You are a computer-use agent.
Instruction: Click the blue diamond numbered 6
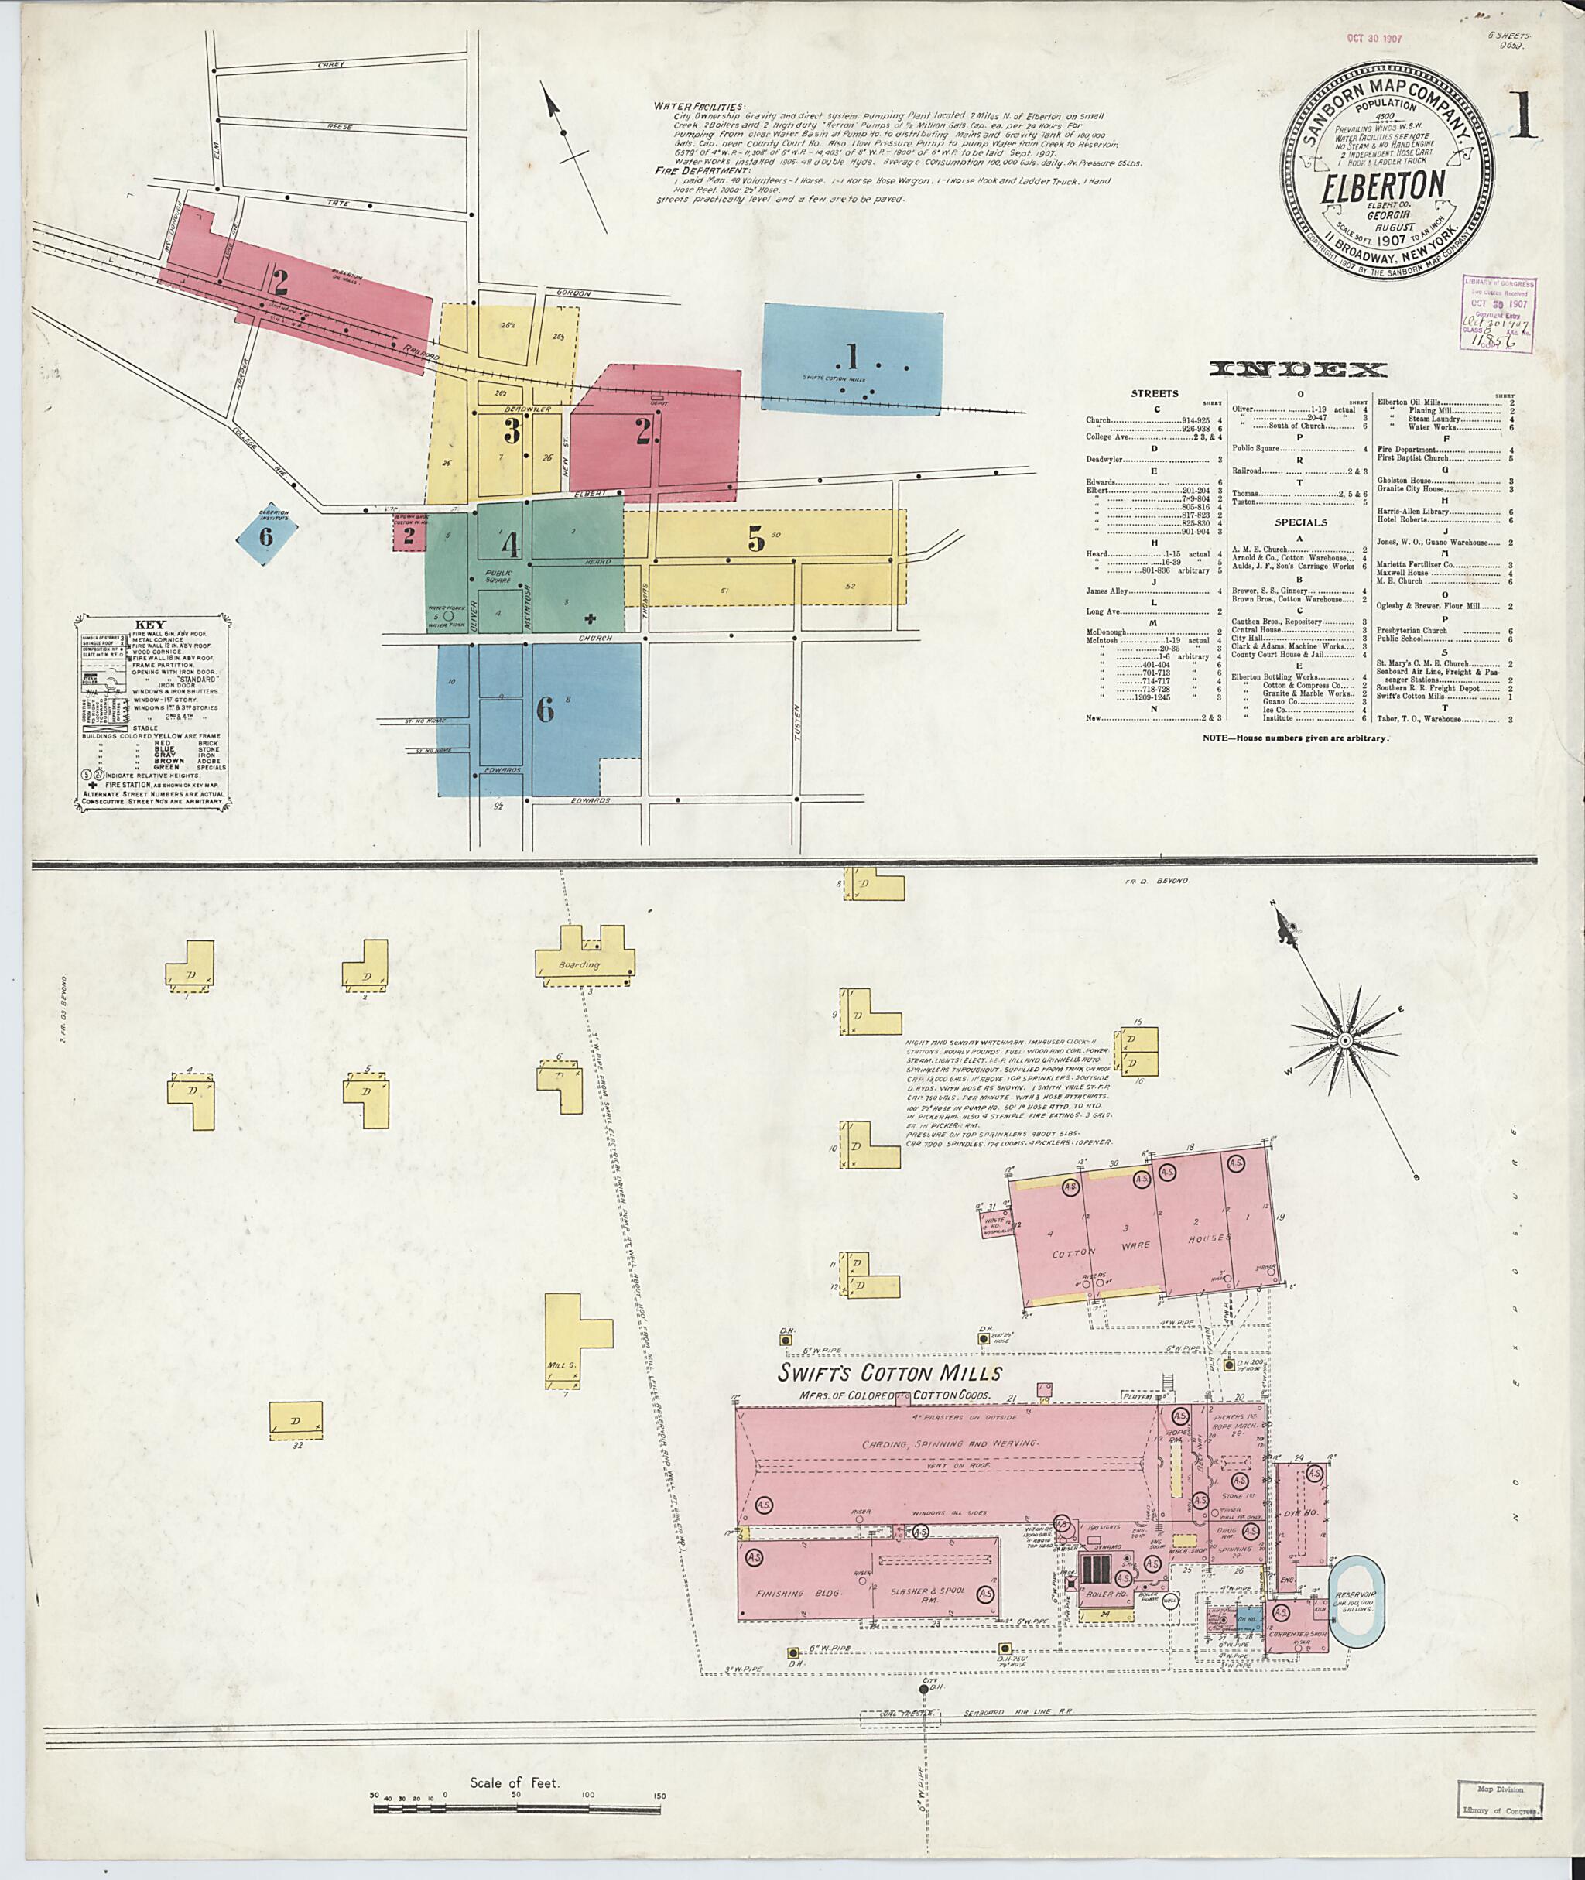click(266, 536)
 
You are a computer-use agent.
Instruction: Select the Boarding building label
click(579, 964)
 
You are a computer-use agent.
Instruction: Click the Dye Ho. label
click(1299, 1512)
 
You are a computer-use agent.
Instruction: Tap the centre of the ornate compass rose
click(1344, 1041)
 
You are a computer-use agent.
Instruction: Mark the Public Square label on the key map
click(497, 576)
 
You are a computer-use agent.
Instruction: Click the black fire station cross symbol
click(590, 618)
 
